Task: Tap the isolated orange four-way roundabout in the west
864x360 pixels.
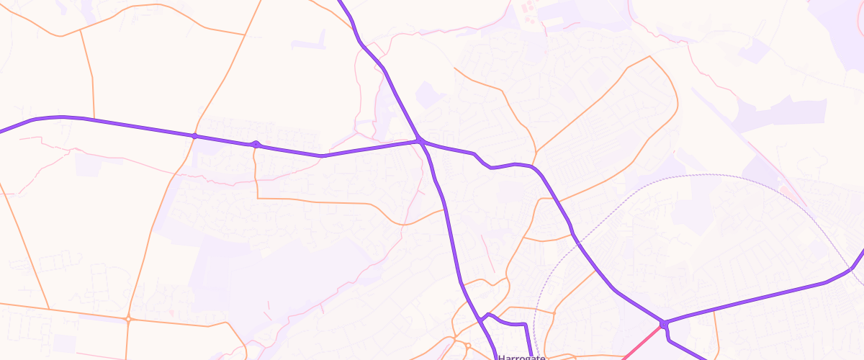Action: (128, 319)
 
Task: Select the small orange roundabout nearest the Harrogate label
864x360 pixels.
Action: (467, 346)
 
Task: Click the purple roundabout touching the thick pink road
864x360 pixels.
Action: (663, 325)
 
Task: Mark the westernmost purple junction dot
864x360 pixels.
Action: (194, 135)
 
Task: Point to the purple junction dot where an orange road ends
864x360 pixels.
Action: (256, 145)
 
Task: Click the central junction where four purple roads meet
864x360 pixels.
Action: (419, 141)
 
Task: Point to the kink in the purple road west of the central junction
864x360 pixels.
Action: (323, 156)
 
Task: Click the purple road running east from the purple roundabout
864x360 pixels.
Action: (756, 299)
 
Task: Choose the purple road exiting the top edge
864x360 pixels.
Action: (346, 9)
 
